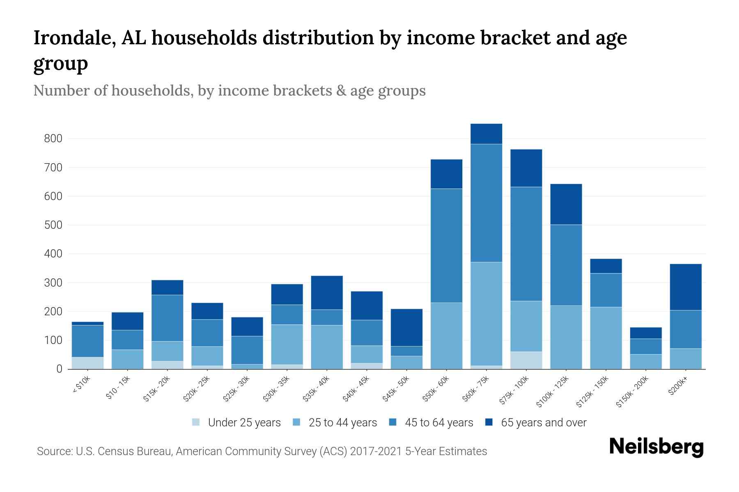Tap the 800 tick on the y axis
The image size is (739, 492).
pyautogui.click(x=53, y=139)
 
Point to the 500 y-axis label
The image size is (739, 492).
pyautogui.click(x=53, y=225)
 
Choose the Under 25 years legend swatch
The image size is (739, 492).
pyautogui.click(x=196, y=422)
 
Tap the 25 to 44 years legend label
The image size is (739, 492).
pyautogui.click(x=342, y=423)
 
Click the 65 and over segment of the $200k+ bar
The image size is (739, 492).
pyautogui.click(x=686, y=287)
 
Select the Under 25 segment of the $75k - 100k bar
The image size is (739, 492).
pyautogui.click(x=526, y=360)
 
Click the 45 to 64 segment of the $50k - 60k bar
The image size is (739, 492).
pyautogui.click(x=446, y=246)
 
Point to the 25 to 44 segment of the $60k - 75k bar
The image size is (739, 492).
pyautogui.click(x=486, y=314)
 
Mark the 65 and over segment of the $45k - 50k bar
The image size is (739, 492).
pyautogui.click(x=406, y=328)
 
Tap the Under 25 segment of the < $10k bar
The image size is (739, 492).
pyautogui.click(x=87, y=363)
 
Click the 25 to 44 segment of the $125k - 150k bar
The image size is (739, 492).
pyautogui.click(x=606, y=338)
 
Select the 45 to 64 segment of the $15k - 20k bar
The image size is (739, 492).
pyautogui.click(x=167, y=318)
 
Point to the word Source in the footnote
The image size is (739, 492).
pyautogui.click(x=53, y=451)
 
